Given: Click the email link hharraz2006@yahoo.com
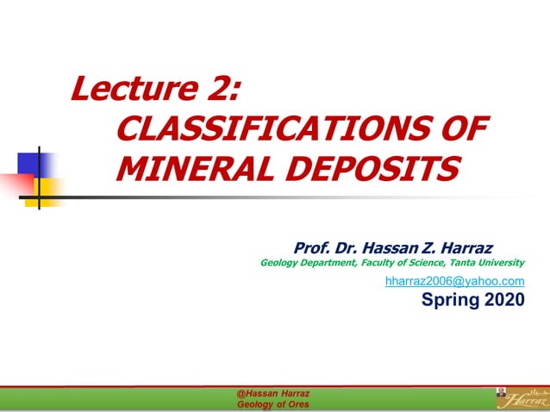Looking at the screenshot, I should [x=454, y=281].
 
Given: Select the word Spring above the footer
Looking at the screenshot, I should [x=448, y=300].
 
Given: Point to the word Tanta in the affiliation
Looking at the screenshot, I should [x=465, y=262].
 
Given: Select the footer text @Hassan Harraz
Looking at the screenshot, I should [x=272, y=393].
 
